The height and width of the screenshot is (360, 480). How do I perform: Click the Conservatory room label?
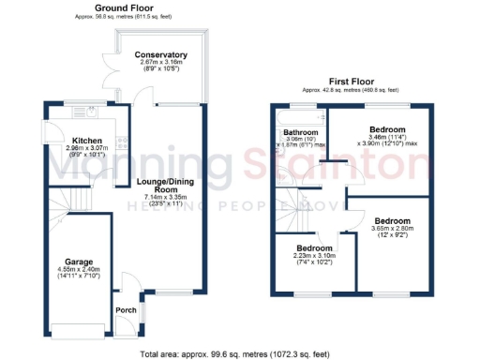tap(160, 54)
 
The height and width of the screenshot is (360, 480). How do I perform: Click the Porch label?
tap(124, 310)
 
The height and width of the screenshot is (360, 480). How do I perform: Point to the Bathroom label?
tap(302, 132)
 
